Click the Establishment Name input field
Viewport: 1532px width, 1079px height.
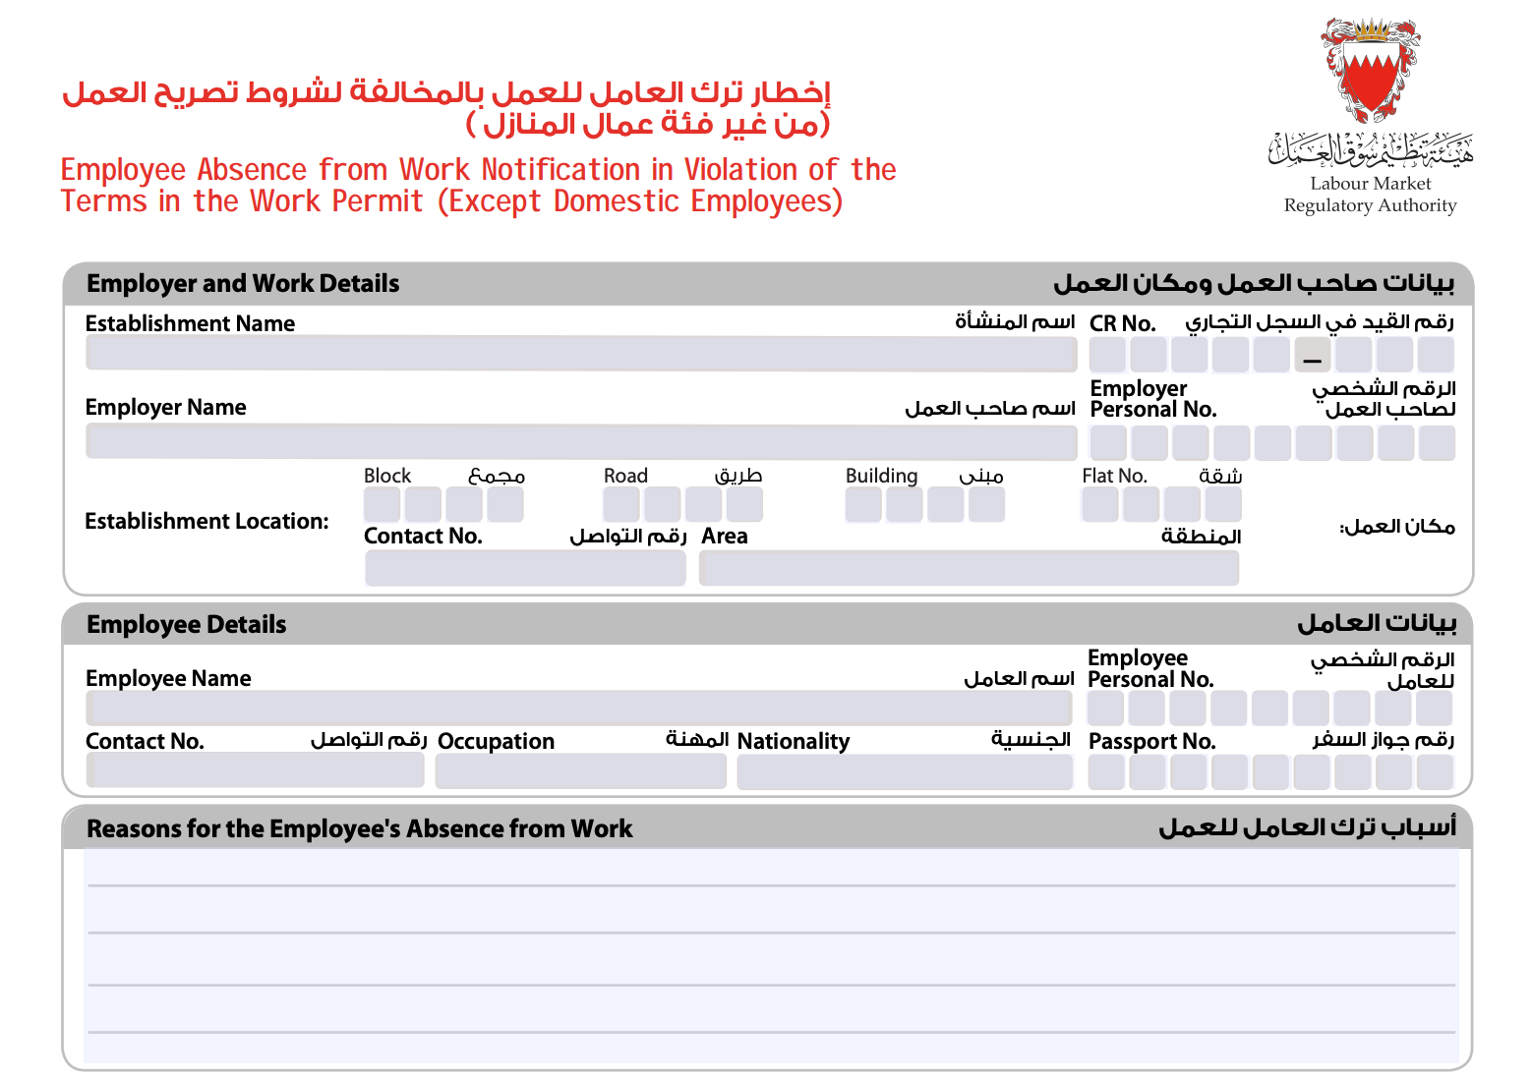[x=580, y=354]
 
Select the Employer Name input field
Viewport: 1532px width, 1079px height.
[x=580, y=442]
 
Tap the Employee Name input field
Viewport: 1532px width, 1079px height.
[x=578, y=708]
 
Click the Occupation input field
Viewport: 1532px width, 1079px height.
[x=580, y=771]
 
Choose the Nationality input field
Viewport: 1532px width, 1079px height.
[x=904, y=771]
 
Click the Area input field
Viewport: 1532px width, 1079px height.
[x=969, y=568]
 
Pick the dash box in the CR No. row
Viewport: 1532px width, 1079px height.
[x=1312, y=355]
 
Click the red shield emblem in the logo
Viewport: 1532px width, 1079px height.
[x=1369, y=79]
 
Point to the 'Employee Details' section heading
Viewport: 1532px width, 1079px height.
[x=186, y=625]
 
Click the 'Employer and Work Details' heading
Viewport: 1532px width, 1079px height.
[x=243, y=284]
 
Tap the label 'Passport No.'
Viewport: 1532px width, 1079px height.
[x=1151, y=742]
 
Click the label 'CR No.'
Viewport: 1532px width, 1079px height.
[x=1122, y=323]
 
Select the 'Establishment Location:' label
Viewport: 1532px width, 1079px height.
[x=206, y=522]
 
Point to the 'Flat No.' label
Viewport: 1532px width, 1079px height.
[x=1114, y=476]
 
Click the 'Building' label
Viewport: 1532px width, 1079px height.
[x=881, y=476]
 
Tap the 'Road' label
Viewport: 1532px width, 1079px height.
[x=625, y=476]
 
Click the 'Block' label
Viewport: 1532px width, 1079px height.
[x=387, y=476]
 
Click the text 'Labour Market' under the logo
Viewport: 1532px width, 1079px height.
[x=1370, y=184]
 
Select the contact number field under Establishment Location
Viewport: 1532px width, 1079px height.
[x=525, y=568]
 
